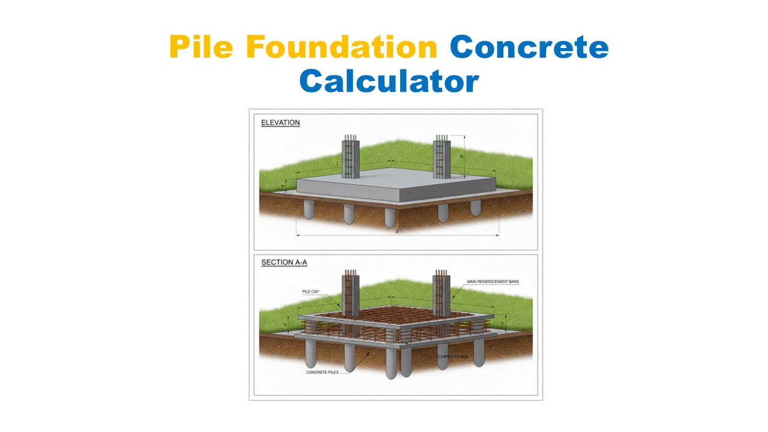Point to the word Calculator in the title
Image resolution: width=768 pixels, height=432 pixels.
pos(389,81)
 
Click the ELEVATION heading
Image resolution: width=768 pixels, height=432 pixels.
pos(280,123)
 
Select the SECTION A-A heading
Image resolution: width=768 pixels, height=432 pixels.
pos(284,262)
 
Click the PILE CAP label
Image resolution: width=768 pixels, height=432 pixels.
pos(311,292)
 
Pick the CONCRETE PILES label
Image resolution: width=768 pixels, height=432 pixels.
pos(322,373)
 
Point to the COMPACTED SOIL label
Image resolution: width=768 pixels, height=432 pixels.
pos(452,356)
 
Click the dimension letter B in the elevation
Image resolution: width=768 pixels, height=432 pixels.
pos(397,232)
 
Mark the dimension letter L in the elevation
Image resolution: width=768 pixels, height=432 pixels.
pos(338,163)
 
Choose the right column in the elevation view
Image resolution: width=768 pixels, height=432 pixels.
pos(442,157)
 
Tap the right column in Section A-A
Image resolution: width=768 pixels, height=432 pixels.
pos(442,294)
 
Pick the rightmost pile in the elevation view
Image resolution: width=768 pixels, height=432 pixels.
pos(475,207)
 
